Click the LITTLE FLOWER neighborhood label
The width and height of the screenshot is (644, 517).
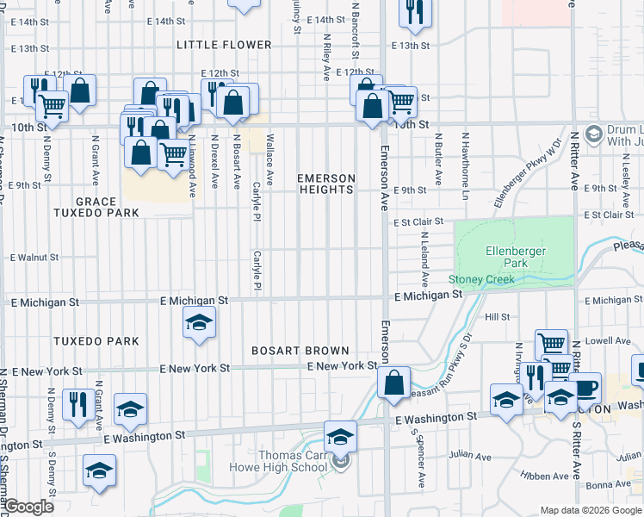click(x=224, y=45)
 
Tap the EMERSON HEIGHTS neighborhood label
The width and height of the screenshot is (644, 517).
click(x=326, y=184)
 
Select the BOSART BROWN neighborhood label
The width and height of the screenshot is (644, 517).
click(x=300, y=351)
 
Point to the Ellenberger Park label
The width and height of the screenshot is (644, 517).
click(x=511, y=257)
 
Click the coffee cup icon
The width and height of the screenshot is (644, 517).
click(x=585, y=387)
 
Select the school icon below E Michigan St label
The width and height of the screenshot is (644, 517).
click(x=200, y=323)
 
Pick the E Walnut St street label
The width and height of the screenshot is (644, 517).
click(x=34, y=257)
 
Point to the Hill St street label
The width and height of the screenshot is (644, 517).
click(x=498, y=317)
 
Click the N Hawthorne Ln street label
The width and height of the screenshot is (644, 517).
click(x=465, y=159)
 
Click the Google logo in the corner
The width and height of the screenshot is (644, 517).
click(x=28, y=507)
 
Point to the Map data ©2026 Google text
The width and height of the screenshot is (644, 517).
click(x=590, y=510)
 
